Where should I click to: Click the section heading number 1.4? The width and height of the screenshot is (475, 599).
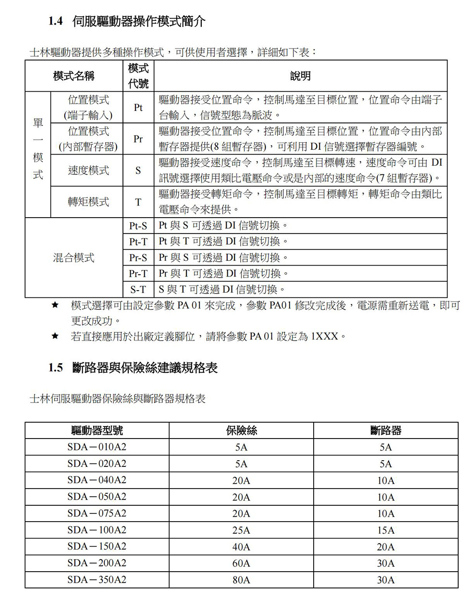coord(56,21)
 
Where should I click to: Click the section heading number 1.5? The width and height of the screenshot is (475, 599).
coord(56,368)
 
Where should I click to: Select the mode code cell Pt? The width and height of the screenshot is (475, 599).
coord(138,108)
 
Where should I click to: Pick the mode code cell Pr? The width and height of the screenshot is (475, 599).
coord(138,139)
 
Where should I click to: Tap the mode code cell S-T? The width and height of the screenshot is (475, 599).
coord(138,290)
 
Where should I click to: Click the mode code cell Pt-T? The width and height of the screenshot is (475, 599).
coord(138,242)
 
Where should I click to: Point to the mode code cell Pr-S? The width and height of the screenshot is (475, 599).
coord(138,258)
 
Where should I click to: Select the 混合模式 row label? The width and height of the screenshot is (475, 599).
coord(73,258)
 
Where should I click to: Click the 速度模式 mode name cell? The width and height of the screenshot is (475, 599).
coord(88,171)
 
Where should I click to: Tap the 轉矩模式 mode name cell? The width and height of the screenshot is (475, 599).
coord(88,202)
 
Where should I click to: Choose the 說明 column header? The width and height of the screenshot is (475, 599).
coord(300,76)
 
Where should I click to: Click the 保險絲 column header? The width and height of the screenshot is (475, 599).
coord(241,430)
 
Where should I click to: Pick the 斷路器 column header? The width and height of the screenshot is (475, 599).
coord(386,430)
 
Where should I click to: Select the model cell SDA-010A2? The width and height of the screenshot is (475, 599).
coord(97,447)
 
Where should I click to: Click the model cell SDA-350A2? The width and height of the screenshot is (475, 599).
coord(97,580)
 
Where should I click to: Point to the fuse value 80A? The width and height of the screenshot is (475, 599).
coord(241,580)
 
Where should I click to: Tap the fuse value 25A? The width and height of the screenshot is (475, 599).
coord(241,530)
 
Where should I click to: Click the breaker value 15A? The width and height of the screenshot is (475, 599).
coord(386,530)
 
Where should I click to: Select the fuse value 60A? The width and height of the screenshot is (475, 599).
coord(241,563)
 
